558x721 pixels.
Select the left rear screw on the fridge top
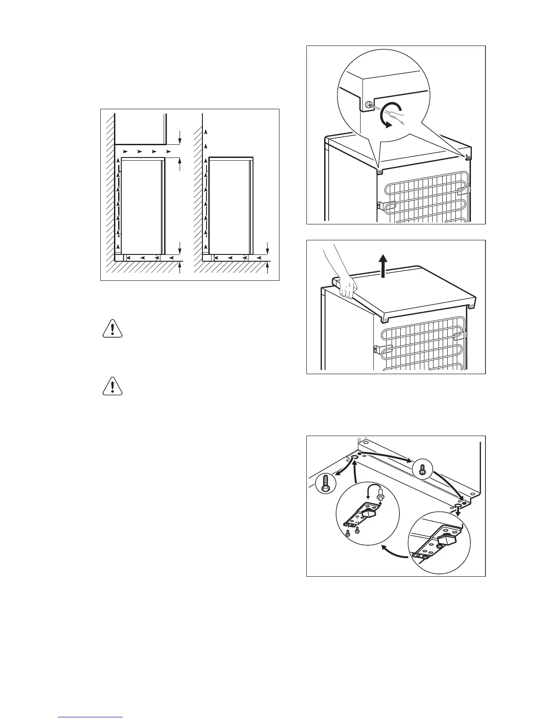point(379,172)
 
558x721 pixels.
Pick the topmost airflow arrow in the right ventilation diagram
point(206,132)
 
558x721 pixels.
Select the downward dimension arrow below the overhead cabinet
point(181,136)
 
